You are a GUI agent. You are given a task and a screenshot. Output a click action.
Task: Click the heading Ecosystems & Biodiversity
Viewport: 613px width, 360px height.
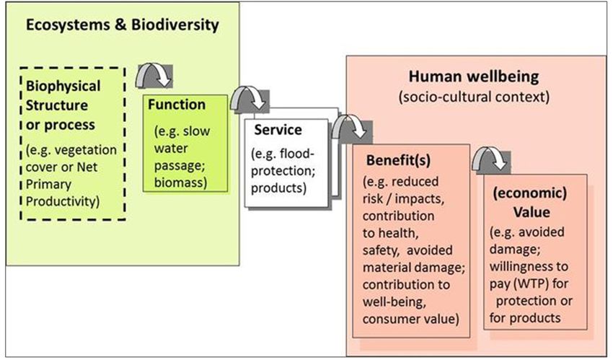click(x=123, y=25)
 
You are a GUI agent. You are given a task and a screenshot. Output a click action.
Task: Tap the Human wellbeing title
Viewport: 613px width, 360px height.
click(x=473, y=76)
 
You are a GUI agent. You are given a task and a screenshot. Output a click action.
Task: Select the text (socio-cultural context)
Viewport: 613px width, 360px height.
click(x=474, y=97)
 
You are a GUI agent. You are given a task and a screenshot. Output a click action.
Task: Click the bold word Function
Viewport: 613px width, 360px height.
click(x=176, y=105)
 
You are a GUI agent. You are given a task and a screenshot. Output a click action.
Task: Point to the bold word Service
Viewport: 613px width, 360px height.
click(x=278, y=130)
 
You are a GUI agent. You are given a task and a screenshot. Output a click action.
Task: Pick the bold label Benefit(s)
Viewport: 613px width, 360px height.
click(x=398, y=160)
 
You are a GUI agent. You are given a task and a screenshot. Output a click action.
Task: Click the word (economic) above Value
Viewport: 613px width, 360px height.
click(x=530, y=193)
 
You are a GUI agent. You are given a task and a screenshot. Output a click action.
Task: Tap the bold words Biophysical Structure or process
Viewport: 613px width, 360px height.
click(x=63, y=105)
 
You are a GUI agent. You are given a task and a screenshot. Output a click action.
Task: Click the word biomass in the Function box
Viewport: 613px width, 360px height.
click(x=180, y=183)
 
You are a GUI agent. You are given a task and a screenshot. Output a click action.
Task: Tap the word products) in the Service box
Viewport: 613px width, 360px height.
click(x=279, y=188)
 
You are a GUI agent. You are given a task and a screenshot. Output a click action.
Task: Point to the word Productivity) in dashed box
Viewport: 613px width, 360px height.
click(x=63, y=201)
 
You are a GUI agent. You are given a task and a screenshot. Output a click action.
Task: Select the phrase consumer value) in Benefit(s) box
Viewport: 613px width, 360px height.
click(x=410, y=319)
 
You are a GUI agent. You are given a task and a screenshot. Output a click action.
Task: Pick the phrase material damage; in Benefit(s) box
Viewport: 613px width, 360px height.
click(x=414, y=268)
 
